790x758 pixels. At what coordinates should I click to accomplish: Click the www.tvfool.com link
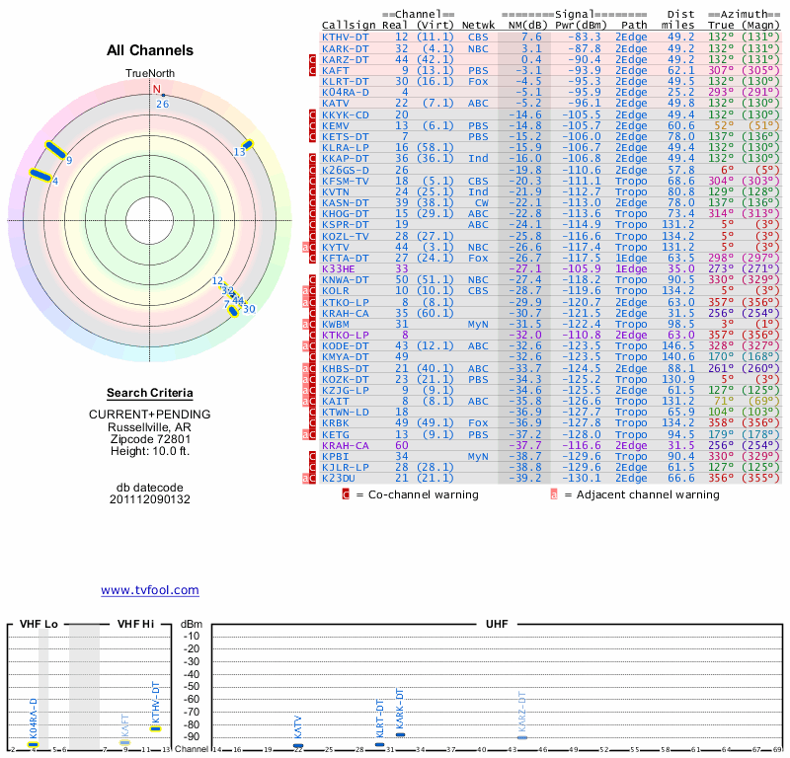(x=149, y=590)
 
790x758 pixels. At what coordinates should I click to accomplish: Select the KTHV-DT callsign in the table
(x=346, y=37)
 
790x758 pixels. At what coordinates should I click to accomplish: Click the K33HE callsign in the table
(x=338, y=268)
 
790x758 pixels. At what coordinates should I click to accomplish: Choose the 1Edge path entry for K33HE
(x=631, y=268)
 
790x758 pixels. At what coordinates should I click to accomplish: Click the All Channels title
(x=150, y=50)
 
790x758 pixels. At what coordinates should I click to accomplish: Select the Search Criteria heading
(x=150, y=393)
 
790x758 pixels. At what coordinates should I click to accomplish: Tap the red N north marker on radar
(x=156, y=89)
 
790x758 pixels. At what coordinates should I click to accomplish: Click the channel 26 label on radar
(x=163, y=103)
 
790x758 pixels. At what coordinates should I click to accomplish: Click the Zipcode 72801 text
(x=150, y=439)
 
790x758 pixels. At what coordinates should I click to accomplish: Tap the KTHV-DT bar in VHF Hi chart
(x=155, y=728)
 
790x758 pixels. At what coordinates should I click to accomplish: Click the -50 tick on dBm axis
(x=192, y=686)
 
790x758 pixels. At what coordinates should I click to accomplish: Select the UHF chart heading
(x=498, y=624)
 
